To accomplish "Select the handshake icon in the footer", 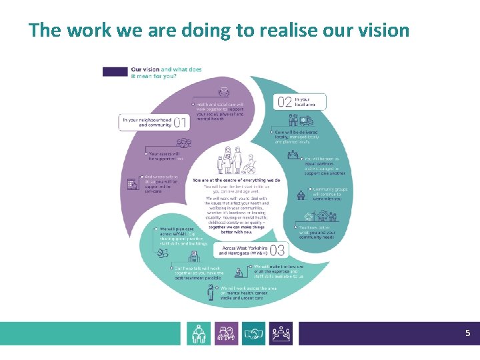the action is pos(253,333).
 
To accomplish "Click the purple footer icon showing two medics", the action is pos(227,333).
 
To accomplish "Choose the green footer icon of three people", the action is pos(199,333).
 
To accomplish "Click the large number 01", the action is pos(181,122).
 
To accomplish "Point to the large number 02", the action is pos(285,102).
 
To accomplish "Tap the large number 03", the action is pos(277,251).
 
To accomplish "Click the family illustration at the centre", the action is pos(235,161).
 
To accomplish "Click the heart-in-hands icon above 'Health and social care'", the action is pos(225,92).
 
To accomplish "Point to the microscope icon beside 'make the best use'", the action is pos(239,272).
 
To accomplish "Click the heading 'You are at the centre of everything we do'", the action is pos(236,180).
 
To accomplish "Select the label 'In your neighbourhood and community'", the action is pos(155,122).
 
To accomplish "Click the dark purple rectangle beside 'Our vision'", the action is pos(115,71).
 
